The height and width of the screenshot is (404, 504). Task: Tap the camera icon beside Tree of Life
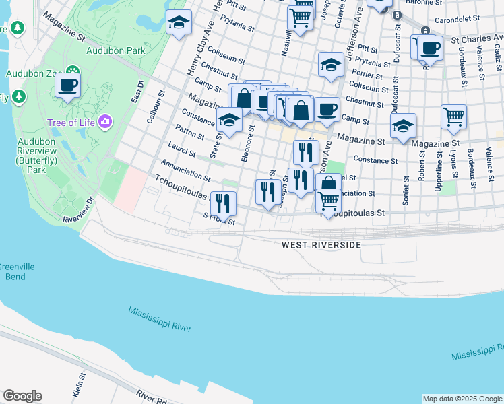105,122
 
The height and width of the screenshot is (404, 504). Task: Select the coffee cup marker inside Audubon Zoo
67,86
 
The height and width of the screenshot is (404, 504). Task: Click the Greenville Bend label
11,272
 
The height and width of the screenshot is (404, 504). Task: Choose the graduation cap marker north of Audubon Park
179,23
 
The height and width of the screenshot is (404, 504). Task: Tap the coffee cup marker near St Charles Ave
430,48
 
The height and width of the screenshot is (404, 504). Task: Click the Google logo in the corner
22,396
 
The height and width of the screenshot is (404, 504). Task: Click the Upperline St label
439,175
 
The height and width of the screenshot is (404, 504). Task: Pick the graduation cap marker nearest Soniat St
403,126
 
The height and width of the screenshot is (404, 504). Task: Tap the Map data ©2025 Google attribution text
462,399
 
